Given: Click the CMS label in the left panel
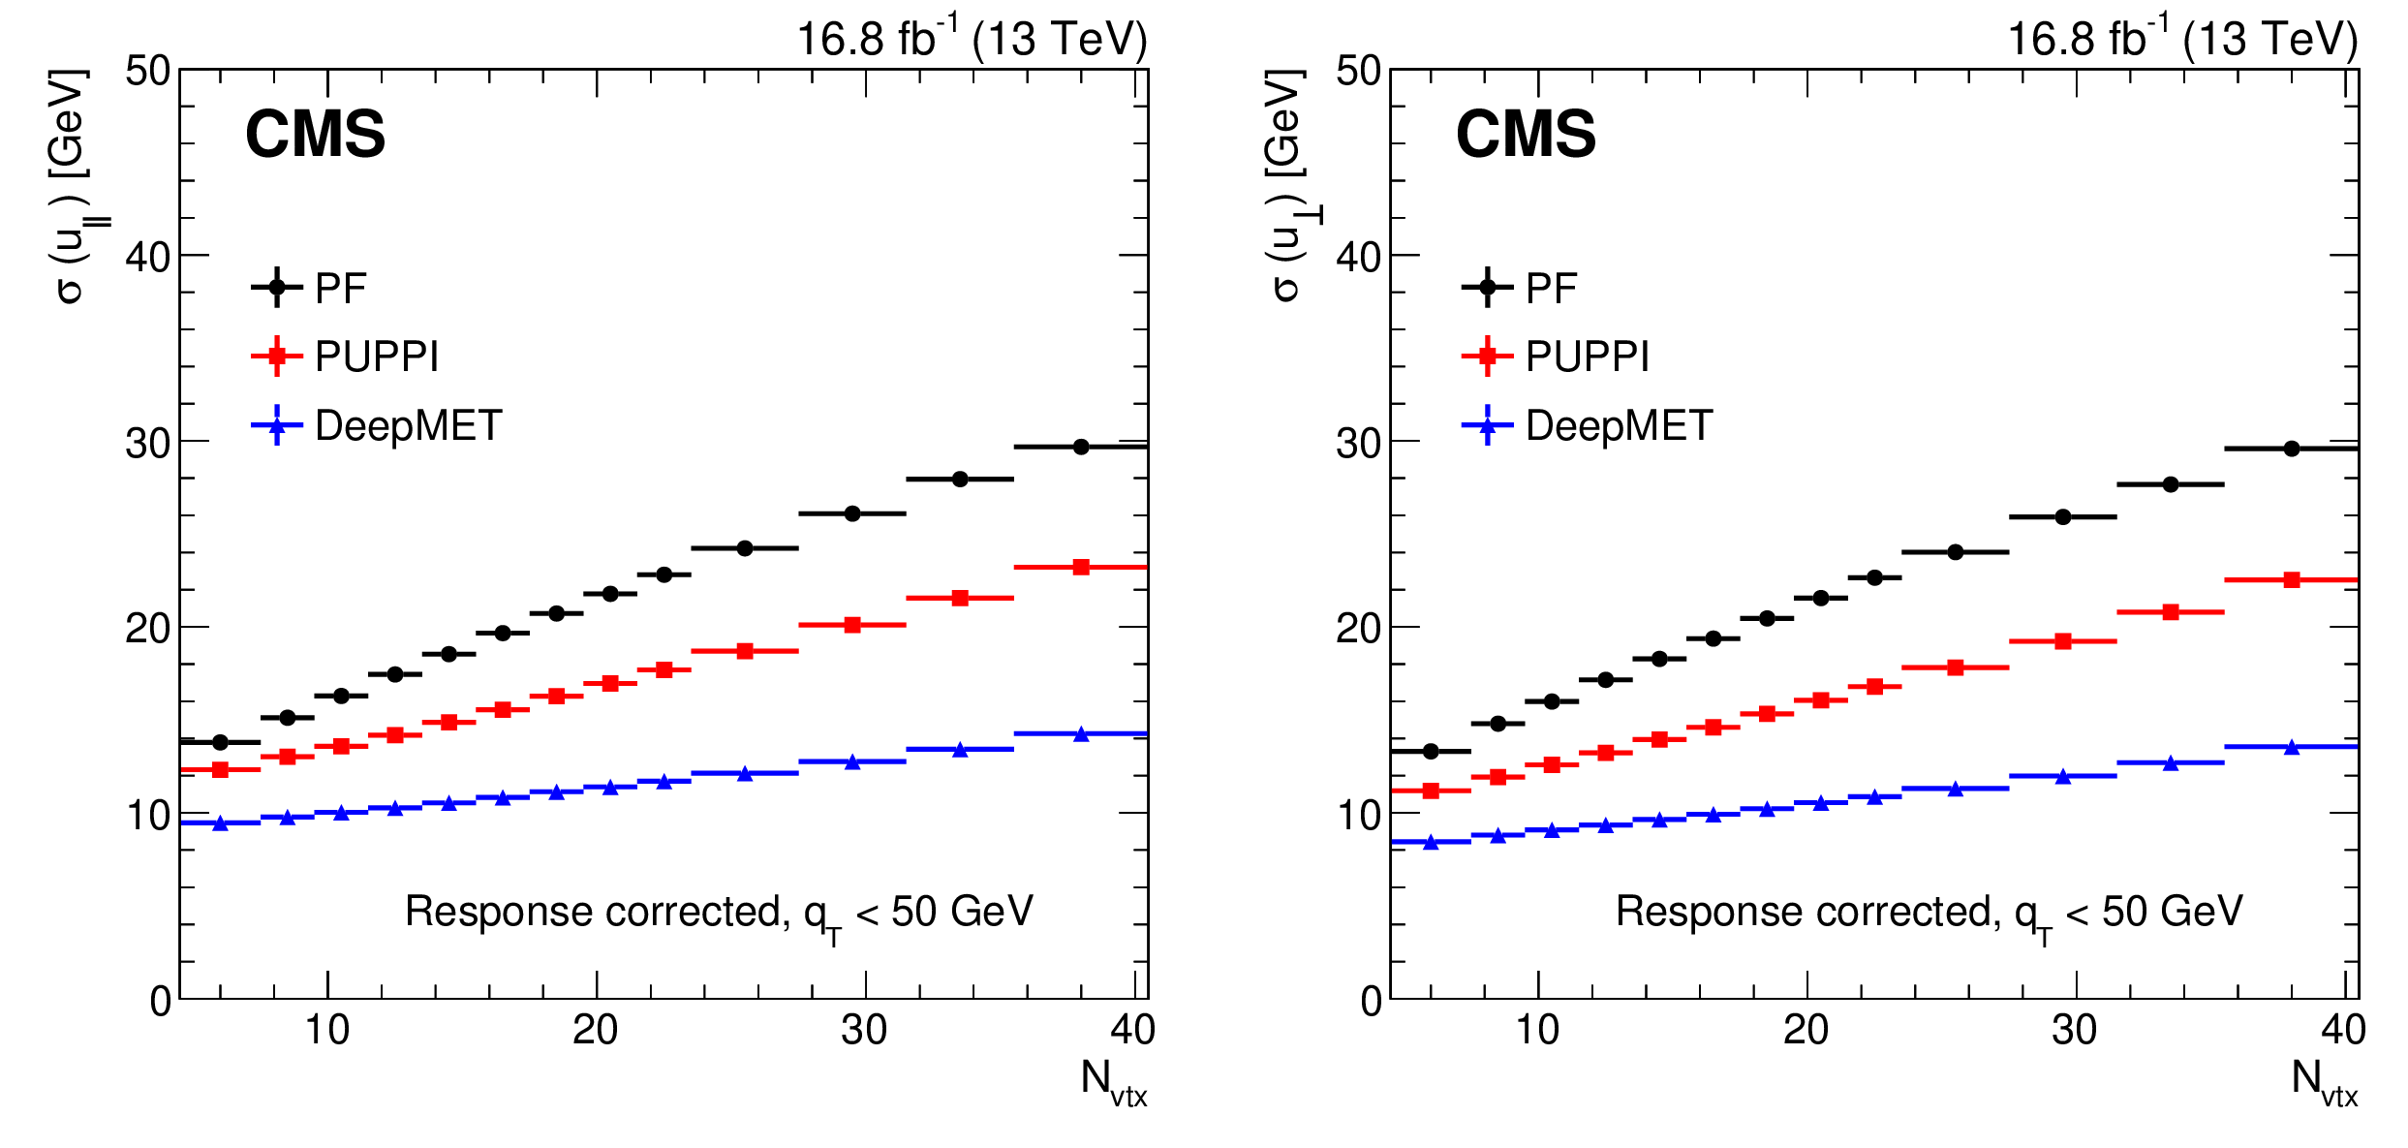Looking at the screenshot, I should [x=315, y=134].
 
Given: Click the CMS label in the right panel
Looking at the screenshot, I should [x=1526, y=134].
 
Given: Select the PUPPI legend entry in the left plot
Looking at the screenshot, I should [x=376, y=357].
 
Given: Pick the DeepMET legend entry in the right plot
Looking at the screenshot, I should [x=1619, y=425].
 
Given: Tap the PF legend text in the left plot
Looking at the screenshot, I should [x=341, y=288].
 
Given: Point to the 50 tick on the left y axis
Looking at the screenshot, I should [x=147, y=71].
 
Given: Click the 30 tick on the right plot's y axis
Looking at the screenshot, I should [x=1358, y=443].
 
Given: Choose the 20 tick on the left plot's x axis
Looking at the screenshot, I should [x=595, y=1030].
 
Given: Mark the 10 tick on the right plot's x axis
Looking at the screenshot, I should [x=1537, y=1030].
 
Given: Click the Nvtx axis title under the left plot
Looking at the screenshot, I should [x=1113, y=1081].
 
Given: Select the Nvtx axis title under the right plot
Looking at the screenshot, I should [x=2324, y=1081].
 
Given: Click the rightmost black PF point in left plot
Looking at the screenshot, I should [x=1081, y=447].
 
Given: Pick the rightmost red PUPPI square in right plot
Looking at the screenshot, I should [x=2292, y=580].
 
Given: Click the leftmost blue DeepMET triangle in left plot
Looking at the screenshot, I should [x=220, y=823].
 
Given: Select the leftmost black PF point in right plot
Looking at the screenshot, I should [x=1431, y=751].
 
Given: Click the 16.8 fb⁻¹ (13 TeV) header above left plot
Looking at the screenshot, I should [x=971, y=39].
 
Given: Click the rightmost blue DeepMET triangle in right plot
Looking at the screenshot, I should [x=2292, y=747].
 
